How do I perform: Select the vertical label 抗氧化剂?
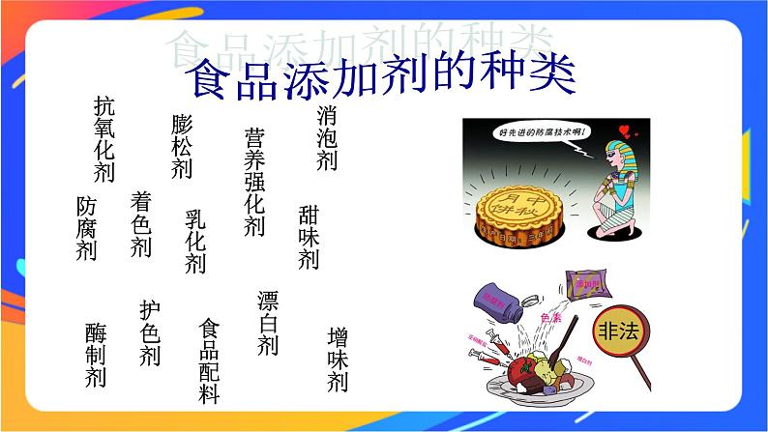click(104, 139)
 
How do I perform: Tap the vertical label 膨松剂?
click(182, 146)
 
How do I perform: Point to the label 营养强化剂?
click(254, 183)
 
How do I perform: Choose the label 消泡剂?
click(327, 138)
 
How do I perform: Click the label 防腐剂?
click(86, 229)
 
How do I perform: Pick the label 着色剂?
click(141, 224)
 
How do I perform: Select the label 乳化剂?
click(195, 242)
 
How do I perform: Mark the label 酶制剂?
click(95, 355)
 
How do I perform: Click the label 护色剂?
click(149, 333)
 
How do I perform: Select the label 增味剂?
click(338, 360)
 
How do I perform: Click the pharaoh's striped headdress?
click(615, 151)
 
